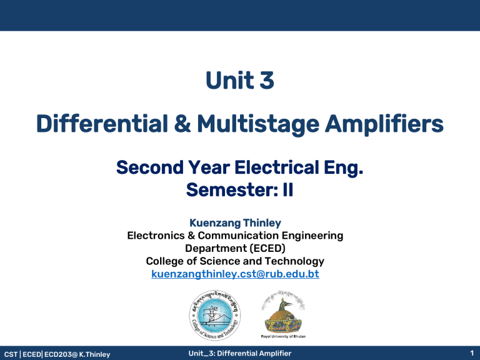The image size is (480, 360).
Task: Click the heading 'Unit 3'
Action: [240, 81]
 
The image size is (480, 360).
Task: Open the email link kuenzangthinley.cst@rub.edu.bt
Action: [236, 274]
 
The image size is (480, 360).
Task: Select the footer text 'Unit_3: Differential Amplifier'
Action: [239, 354]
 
